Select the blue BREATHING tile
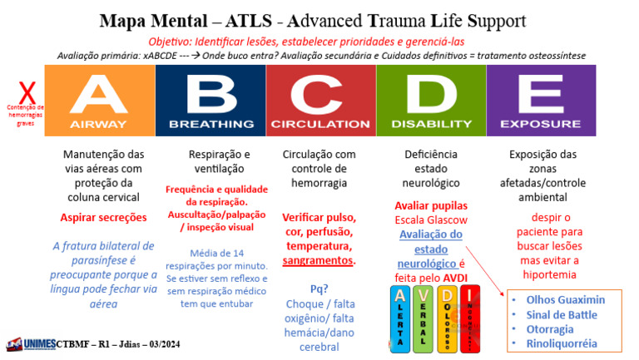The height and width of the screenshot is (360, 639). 211,99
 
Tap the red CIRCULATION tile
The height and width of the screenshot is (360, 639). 321,99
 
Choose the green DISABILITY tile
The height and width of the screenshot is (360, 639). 431,99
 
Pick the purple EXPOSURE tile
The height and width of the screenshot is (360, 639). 541,99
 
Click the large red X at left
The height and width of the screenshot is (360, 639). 27,91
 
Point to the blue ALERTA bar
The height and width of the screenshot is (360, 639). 400,320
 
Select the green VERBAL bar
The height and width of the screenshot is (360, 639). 424,320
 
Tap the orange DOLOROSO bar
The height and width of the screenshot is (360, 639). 448,320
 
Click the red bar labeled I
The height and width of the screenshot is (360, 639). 471,320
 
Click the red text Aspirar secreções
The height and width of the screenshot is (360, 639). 103,217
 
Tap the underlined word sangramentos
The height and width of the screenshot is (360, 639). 319,261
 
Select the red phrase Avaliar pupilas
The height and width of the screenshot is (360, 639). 432,206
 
